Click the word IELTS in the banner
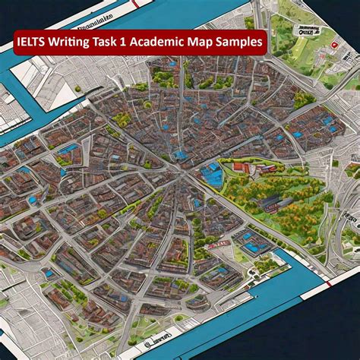(x=33, y=43)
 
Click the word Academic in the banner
(x=161, y=43)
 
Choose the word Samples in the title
(x=241, y=43)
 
